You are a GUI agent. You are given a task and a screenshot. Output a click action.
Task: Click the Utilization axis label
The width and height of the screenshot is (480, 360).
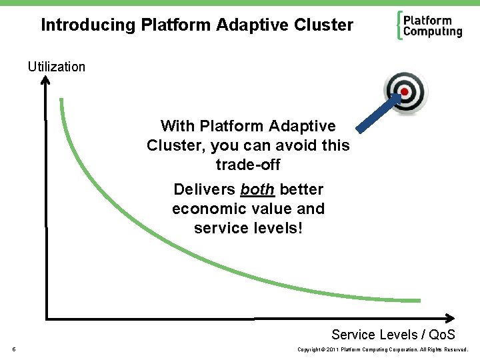(57, 67)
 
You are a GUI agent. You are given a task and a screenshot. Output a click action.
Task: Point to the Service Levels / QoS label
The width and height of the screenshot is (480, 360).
(393, 335)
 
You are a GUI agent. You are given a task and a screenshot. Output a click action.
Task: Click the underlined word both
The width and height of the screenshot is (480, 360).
(257, 189)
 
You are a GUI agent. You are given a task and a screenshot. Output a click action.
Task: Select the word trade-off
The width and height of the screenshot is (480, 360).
(248, 164)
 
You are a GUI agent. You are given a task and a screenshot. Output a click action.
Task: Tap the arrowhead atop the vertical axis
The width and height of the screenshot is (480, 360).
(45, 81)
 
